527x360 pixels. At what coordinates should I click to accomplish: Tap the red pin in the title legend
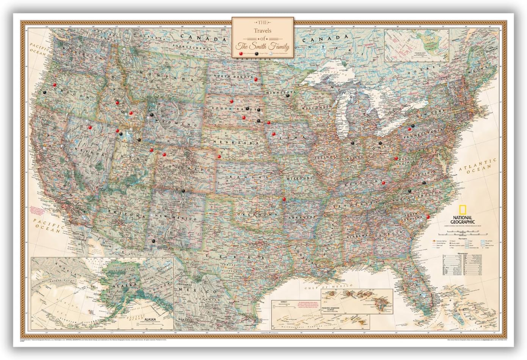click(x=240, y=55)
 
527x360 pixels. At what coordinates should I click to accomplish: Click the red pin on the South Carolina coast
click(x=428, y=217)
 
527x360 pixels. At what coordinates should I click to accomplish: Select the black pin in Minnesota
click(x=288, y=96)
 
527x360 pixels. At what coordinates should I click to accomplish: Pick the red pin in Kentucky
click(x=383, y=183)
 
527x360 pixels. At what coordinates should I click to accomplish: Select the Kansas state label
click(x=249, y=177)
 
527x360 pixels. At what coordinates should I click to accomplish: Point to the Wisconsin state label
click(x=326, y=108)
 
